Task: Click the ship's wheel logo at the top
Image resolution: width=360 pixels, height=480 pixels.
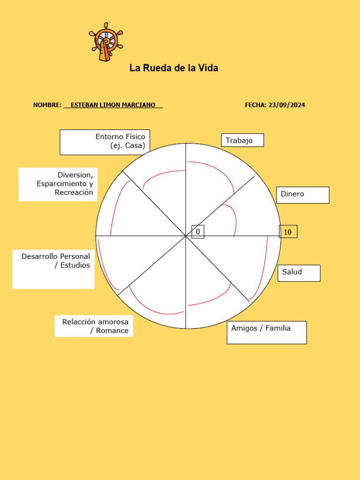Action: (x=106, y=42)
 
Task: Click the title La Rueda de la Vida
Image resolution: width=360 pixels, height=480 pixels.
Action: (x=173, y=68)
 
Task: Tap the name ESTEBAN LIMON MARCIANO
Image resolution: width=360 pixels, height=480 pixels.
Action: (x=112, y=105)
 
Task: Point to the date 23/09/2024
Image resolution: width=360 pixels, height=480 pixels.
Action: (x=286, y=105)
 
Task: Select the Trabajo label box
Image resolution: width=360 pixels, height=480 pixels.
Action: (x=242, y=140)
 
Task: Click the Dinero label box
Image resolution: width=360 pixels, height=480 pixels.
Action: (x=303, y=195)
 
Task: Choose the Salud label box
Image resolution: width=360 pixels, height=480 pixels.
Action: (x=299, y=273)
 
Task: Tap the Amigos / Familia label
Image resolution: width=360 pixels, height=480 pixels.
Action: (x=266, y=332)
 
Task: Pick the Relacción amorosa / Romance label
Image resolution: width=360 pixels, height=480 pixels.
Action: (x=94, y=326)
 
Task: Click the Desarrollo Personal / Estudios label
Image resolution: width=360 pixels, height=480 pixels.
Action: (x=53, y=269)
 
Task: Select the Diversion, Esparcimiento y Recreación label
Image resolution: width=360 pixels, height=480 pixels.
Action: (x=58, y=184)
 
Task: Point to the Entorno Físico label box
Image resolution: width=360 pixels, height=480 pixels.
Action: (x=105, y=142)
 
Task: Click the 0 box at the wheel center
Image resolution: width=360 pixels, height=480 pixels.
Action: (x=198, y=232)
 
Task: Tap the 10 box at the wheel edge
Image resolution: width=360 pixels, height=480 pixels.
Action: (x=288, y=232)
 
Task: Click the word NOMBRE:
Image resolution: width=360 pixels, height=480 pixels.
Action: (x=47, y=105)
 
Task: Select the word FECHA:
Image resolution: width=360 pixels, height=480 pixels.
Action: (x=255, y=105)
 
